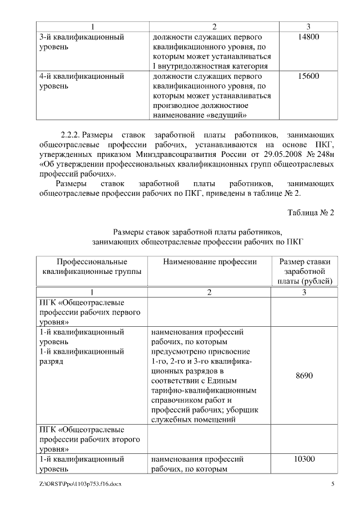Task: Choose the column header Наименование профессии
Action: click(x=210, y=262)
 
